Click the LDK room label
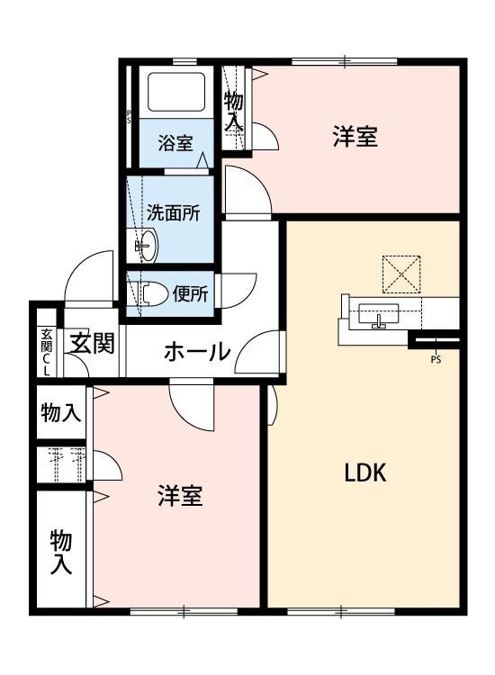click(365, 473)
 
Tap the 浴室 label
click(175, 142)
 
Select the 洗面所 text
click(173, 213)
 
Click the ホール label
click(196, 352)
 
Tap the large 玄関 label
click(93, 344)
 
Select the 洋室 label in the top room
click(354, 137)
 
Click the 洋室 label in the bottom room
click(180, 496)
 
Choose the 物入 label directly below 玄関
click(61, 413)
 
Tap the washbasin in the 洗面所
click(144, 244)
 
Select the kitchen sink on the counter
click(378, 315)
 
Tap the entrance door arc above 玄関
click(86, 275)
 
